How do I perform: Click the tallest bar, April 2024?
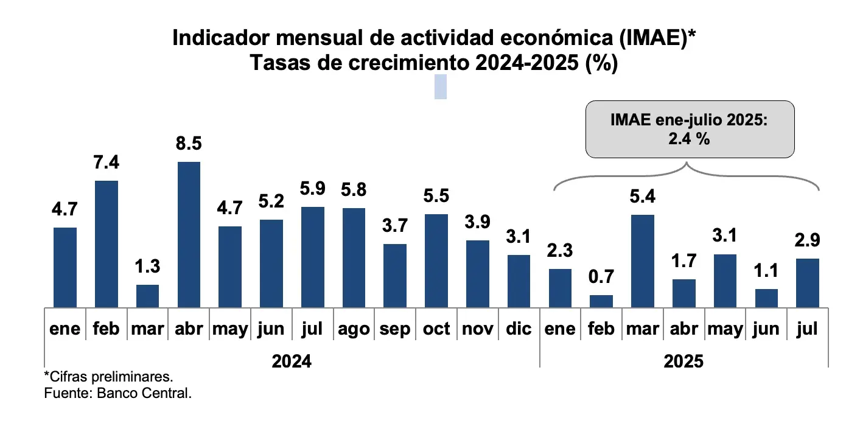click(189, 234)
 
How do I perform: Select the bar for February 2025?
click(601, 301)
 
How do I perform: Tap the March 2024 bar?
click(147, 296)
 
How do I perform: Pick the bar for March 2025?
click(643, 261)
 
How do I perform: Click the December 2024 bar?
click(519, 281)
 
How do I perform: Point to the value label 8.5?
click(189, 144)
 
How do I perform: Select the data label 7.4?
click(106, 163)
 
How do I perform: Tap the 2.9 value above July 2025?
click(808, 240)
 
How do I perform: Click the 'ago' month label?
click(354, 329)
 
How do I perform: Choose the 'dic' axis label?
click(519, 329)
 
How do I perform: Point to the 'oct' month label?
click(436, 329)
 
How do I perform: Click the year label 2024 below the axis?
click(292, 361)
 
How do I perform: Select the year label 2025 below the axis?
click(683, 361)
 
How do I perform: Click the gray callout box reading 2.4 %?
click(690, 129)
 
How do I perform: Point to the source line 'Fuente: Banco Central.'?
click(118, 393)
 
